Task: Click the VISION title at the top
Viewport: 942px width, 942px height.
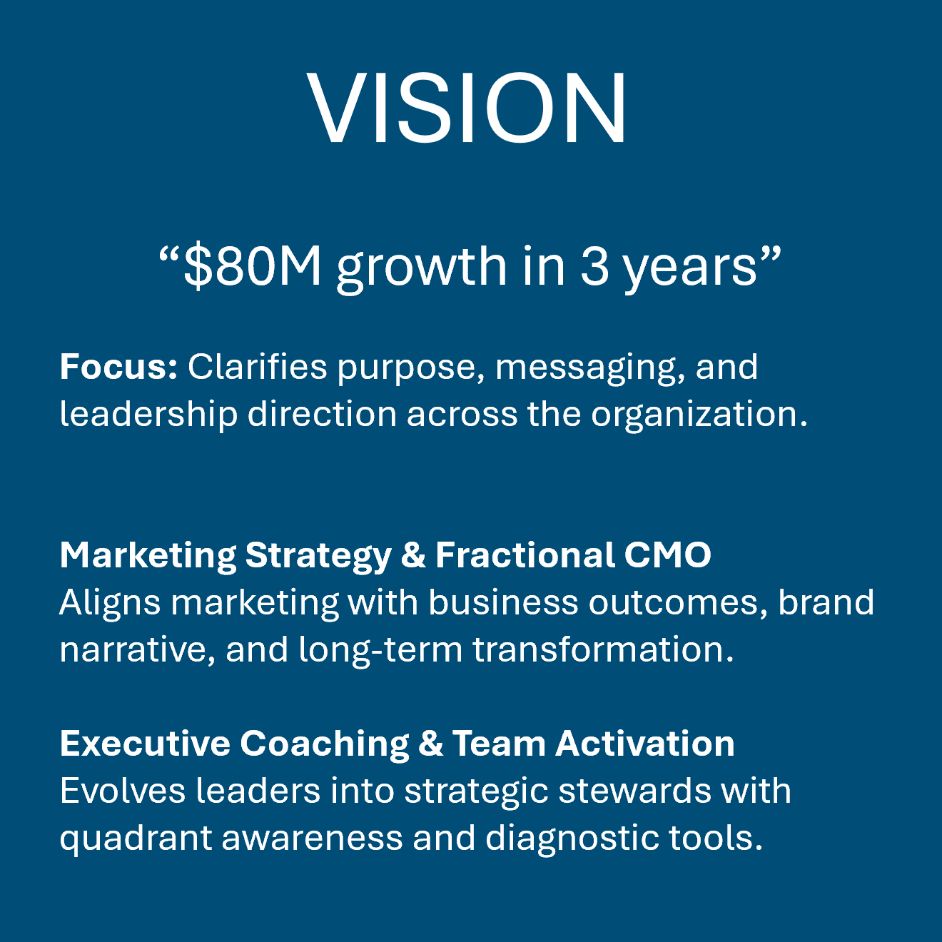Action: click(x=467, y=108)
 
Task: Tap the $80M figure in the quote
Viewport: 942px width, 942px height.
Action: click(x=253, y=266)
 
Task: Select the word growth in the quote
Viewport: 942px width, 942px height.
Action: click(x=421, y=268)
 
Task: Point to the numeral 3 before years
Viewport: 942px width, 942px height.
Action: click(x=594, y=266)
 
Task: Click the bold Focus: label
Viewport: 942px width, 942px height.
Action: click(x=118, y=367)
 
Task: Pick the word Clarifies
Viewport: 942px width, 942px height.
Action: click(x=258, y=367)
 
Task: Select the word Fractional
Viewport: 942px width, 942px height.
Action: click(x=525, y=555)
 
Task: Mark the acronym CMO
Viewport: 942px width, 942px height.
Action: click(x=667, y=555)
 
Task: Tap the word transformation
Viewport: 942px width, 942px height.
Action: click(x=603, y=649)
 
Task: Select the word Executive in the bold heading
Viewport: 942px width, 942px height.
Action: click(x=145, y=744)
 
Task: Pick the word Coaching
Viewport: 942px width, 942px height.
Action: click(x=325, y=744)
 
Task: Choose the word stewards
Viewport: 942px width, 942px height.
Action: click(x=634, y=791)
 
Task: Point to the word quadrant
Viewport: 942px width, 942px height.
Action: click(x=136, y=839)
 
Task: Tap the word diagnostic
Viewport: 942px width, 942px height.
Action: click(x=572, y=839)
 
